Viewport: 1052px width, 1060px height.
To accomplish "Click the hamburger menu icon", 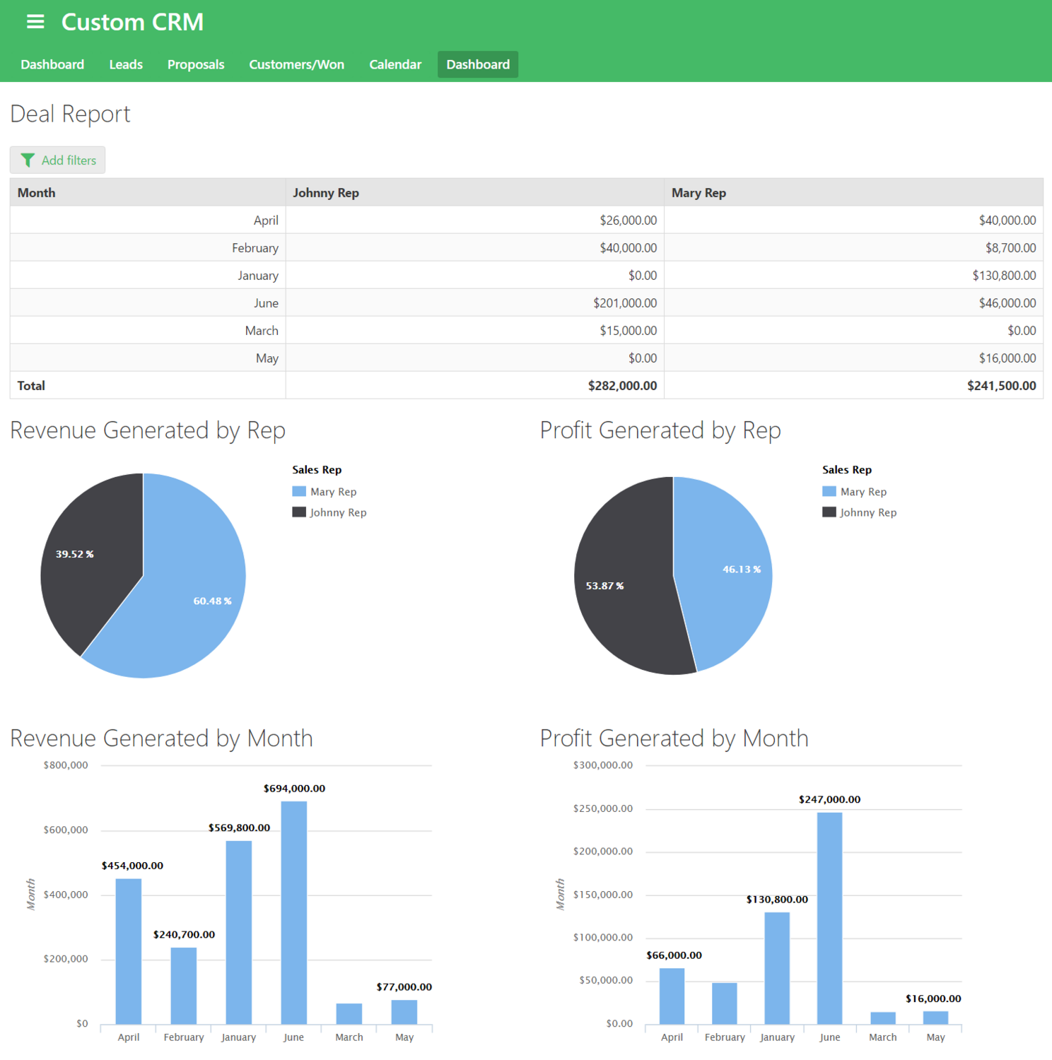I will pos(35,22).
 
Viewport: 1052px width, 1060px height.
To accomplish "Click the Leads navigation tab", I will pos(126,64).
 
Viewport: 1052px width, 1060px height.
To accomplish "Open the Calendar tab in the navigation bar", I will pos(394,64).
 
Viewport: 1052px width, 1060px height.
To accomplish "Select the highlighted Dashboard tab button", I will pos(477,64).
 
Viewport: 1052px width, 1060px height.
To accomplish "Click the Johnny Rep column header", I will pos(326,193).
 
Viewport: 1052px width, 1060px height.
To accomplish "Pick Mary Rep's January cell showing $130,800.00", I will pos(1003,276).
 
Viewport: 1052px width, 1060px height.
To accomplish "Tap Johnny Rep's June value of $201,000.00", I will pos(624,303).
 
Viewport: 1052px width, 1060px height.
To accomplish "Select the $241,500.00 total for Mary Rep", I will pos(1001,386).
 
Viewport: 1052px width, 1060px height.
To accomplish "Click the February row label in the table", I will pos(255,248).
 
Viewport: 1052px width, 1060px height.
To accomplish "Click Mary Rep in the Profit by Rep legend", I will pos(863,492).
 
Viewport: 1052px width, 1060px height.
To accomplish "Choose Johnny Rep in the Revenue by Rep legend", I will pos(337,512).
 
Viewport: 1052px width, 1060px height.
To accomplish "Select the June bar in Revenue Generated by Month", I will pos(293,912).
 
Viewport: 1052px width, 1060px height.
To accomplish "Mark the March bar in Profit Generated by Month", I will pos(882,1018).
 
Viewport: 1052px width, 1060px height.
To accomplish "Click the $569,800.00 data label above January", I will pos(239,828).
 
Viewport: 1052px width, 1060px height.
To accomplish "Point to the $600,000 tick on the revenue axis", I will pos(66,830).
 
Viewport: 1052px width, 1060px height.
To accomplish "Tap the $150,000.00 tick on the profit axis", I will pos(602,895).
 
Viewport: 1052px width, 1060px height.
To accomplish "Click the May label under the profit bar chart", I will pos(935,1037).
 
